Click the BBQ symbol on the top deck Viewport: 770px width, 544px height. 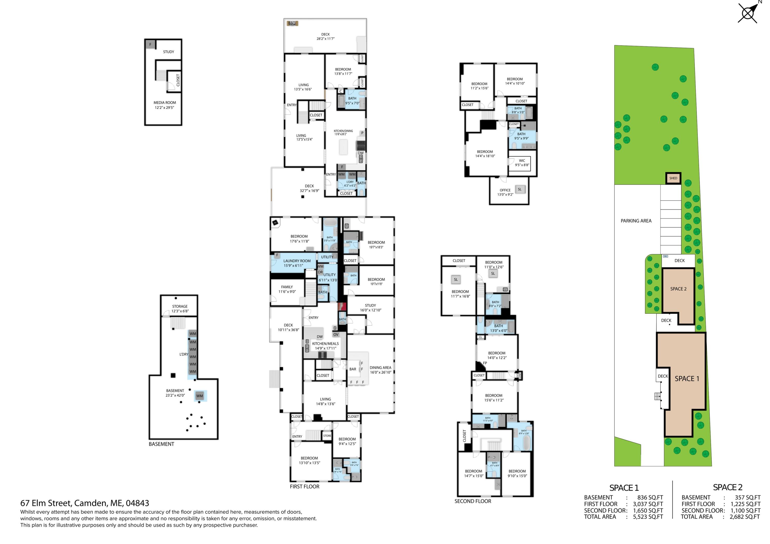292,23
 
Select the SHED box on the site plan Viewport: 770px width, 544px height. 673,178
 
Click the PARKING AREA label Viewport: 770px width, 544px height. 636,221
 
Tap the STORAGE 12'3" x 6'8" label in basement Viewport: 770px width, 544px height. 180,309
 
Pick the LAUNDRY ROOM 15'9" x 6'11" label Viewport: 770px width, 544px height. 296,263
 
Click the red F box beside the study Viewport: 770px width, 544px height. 342,306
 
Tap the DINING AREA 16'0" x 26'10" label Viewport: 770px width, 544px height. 380,370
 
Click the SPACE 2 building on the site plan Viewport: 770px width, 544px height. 678,289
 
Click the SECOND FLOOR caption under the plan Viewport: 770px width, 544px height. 473,501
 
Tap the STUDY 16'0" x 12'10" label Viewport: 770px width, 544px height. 370,308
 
